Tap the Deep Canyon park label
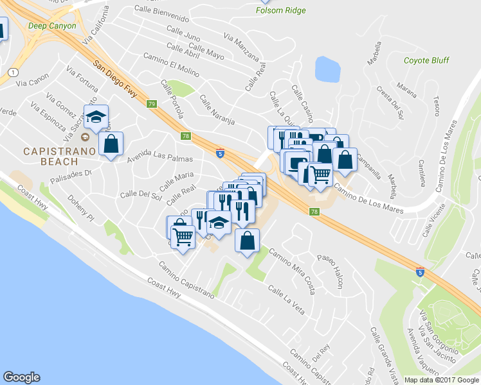tap(52, 26)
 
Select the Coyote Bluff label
tap(425, 61)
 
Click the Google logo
tap(21, 377)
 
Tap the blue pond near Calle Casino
tap(327, 69)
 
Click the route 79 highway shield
tap(152, 104)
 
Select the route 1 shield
tap(12, 72)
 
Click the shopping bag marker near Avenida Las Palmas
tap(111, 144)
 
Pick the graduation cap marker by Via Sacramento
tap(96, 117)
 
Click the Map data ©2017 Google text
tap(440, 379)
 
